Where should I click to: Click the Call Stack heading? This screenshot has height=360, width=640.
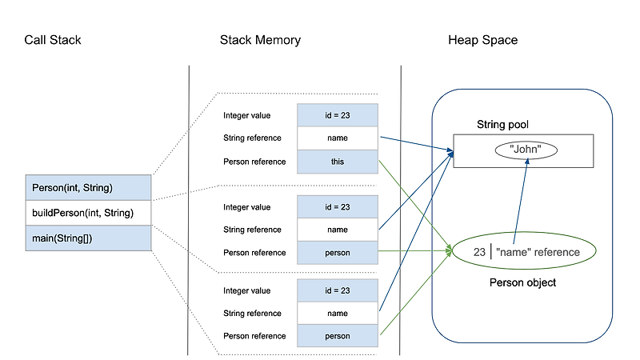pos(53,40)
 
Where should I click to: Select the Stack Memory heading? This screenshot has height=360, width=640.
pos(260,40)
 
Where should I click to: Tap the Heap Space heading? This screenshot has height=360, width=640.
pos(482,40)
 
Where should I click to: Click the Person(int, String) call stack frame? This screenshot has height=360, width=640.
pos(88,188)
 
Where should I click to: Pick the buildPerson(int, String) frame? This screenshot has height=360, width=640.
pos(88,213)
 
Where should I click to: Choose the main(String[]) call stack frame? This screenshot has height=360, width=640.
pos(88,238)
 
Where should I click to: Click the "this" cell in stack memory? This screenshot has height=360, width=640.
pos(337,161)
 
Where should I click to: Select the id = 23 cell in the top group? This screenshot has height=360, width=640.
pos(337,115)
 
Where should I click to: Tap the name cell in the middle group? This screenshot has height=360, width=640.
pos(337,230)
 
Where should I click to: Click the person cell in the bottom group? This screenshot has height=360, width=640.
pos(337,336)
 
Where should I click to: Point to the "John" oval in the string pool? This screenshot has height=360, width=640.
pos(526,150)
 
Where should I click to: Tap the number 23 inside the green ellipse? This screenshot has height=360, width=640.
pos(479,252)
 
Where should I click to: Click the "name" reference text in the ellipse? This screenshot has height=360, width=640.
pos(538,252)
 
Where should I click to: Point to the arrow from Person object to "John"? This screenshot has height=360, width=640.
pos(519,200)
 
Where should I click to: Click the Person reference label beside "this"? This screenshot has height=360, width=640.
pos(254,161)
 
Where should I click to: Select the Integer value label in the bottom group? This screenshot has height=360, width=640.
pos(247,290)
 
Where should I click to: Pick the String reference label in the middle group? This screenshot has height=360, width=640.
pos(253,230)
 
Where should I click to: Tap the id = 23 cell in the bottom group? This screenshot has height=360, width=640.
pos(337,290)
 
